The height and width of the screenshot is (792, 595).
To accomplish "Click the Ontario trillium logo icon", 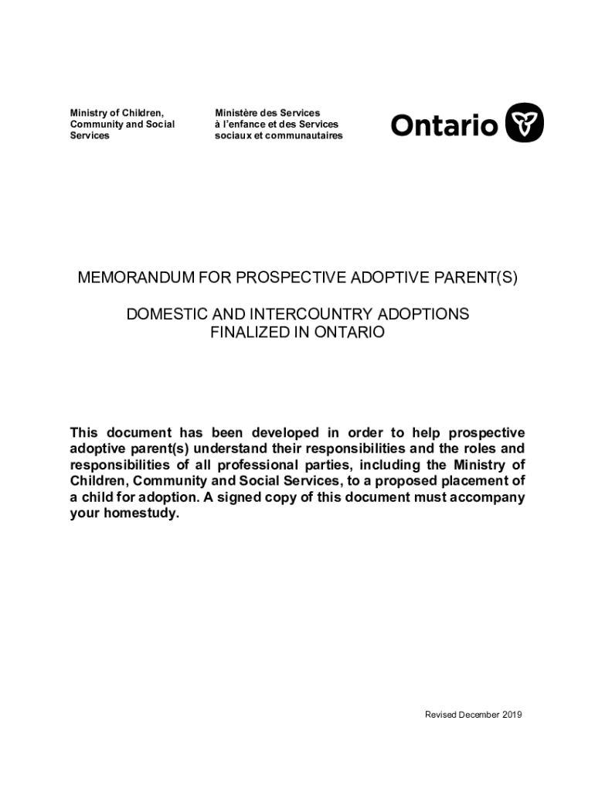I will [x=525, y=124].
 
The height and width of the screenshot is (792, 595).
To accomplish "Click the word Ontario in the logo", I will [x=444, y=125].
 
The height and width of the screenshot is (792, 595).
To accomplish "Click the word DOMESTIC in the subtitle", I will [x=163, y=315].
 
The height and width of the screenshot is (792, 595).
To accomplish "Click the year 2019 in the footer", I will [x=512, y=715].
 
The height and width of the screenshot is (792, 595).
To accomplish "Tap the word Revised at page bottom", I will [x=441, y=715].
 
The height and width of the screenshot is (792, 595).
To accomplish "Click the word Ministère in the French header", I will [x=236, y=113].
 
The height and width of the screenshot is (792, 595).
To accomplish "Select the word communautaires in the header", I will [x=302, y=136].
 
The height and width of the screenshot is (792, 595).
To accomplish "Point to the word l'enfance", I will [x=246, y=125].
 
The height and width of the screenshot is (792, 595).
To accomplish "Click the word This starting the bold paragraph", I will [x=85, y=432].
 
